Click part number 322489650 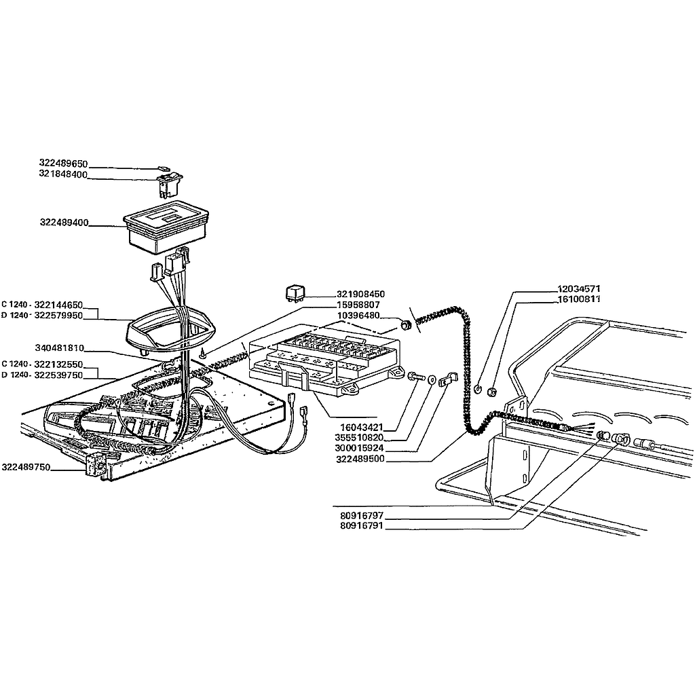[x=63, y=164]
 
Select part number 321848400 [x=63, y=174]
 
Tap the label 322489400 [x=64, y=223]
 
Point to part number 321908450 [x=361, y=295]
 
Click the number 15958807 [x=358, y=305]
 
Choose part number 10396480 [x=358, y=316]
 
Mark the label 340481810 [x=60, y=348]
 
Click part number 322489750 [x=26, y=467]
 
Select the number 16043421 [x=361, y=428]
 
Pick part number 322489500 [x=360, y=459]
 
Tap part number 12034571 [x=578, y=289]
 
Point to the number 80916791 [x=362, y=526]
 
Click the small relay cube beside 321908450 [x=295, y=294]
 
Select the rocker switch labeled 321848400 [x=169, y=184]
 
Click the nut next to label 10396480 [x=405, y=325]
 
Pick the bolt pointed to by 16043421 [x=416, y=377]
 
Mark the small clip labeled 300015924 [x=448, y=379]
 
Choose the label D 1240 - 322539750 [x=42, y=375]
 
